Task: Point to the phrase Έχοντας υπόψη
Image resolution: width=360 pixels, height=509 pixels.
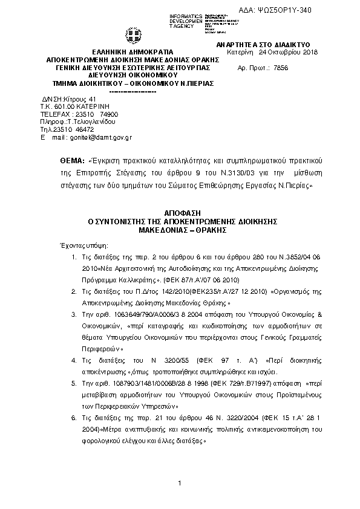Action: tap(81, 247)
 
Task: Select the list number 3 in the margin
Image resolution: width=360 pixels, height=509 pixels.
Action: tap(73, 316)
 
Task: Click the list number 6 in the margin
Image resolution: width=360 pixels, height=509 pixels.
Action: tap(73, 418)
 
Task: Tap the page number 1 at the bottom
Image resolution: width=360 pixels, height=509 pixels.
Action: tap(180, 483)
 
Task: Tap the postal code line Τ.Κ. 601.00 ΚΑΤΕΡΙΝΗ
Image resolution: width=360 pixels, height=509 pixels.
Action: tap(79, 106)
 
